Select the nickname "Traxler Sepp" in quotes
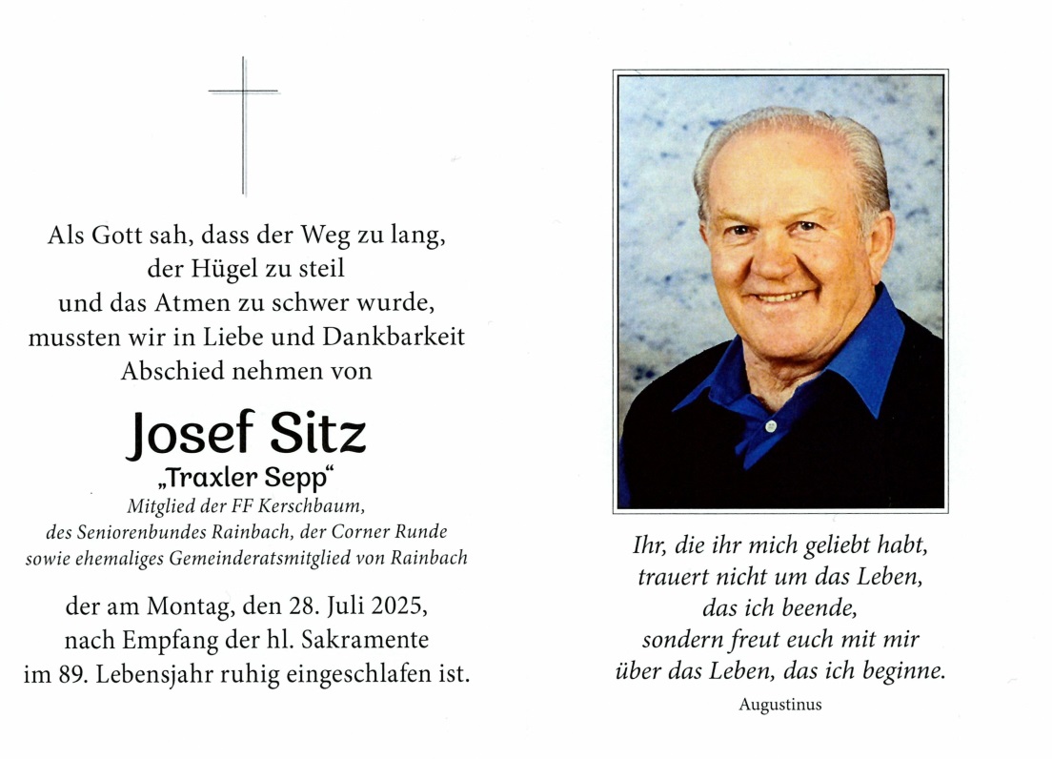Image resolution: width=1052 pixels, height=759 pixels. point(247,480)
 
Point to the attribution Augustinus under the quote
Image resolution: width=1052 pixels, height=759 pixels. point(779,706)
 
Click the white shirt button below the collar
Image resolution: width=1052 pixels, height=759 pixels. point(770,425)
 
